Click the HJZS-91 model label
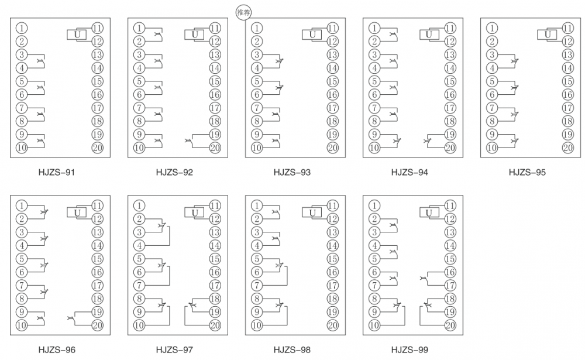[57, 172]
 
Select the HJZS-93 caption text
[292, 172]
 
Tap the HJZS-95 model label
[527, 172]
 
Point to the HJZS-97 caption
[174, 350]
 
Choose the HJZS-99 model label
[409, 350]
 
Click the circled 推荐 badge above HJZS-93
[243, 12]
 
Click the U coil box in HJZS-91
[77, 35]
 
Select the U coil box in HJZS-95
[547, 35]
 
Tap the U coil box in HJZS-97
[194, 212]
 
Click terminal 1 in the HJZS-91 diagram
[22, 28]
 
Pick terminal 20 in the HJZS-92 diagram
[215, 148]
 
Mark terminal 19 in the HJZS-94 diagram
[450, 135]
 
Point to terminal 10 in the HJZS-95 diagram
[492, 148]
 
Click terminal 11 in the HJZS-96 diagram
[97, 206]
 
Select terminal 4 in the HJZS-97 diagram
[139, 246]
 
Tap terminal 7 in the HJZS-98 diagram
[257, 286]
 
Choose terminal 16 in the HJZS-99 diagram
[450, 272]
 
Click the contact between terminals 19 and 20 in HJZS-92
[189, 142]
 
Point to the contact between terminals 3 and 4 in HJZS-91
[41, 61]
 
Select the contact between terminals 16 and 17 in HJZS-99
[424, 279]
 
